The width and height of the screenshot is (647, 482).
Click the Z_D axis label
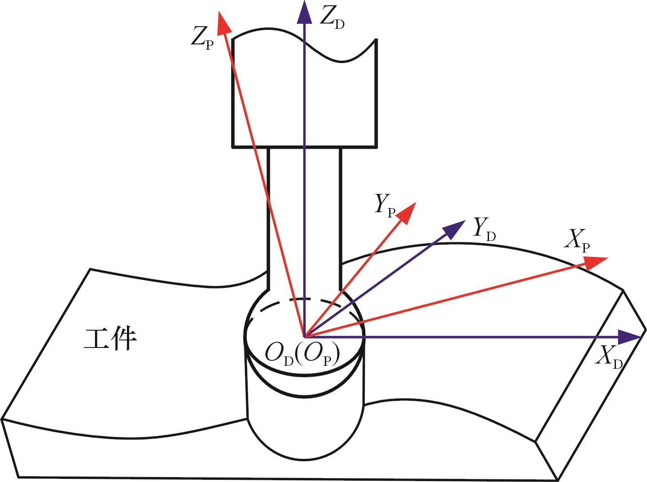332,18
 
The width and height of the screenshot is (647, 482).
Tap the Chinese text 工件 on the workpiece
110,340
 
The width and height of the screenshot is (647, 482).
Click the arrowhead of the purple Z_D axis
304,11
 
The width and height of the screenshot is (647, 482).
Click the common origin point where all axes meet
304,337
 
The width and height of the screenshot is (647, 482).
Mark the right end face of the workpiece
590,386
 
